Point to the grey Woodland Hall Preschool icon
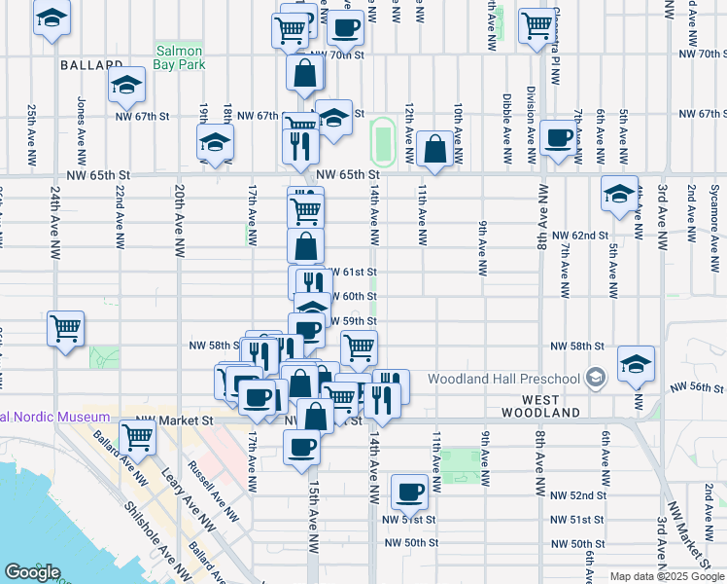[x=595, y=379]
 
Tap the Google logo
[x=32, y=572]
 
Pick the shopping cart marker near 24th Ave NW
[x=65, y=329]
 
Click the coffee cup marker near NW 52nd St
[x=410, y=492]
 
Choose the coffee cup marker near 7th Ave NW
[x=558, y=138]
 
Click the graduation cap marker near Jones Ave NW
[x=127, y=85]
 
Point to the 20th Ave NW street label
[x=179, y=221]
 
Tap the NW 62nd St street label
[x=579, y=236]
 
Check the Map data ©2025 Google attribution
[x=666, y=576]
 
